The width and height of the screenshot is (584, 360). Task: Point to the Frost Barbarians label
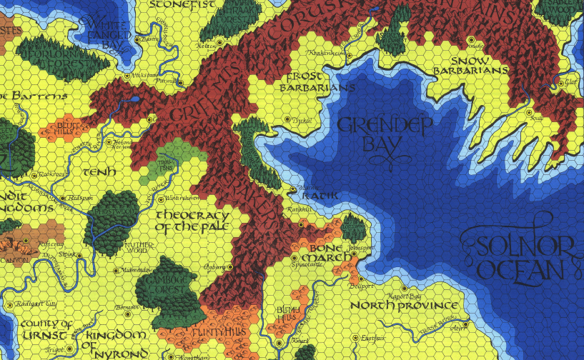pyautogui.click(x=320, y=81)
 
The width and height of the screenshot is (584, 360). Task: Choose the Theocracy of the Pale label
pyautogui.click(x=192, y=221)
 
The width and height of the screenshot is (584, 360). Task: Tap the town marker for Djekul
pyautogui.click(x=288, y=119)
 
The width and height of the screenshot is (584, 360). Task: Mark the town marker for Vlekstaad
pyautogui.click(x=128, y=75)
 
